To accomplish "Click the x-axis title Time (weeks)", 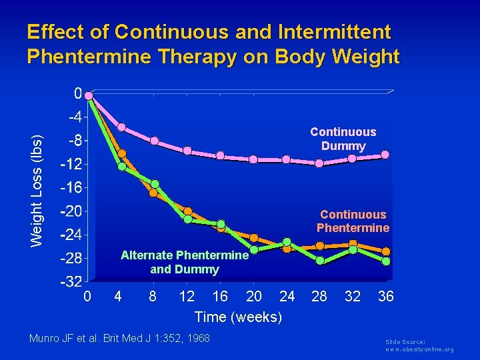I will [237, 317].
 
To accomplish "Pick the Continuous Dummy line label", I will [343, 139].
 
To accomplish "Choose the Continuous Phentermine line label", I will [353, 221].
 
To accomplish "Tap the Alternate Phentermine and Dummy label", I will [184, 262].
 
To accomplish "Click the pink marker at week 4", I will [121, 127].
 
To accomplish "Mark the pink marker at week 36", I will [385, 155].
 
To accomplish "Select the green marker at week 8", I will [155, 184].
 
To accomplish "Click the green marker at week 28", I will [319, 261].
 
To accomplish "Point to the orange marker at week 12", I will [188, 211].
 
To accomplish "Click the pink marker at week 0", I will [89, 95].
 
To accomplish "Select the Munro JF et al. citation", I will [119, 339].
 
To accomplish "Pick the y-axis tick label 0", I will [77, 93].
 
